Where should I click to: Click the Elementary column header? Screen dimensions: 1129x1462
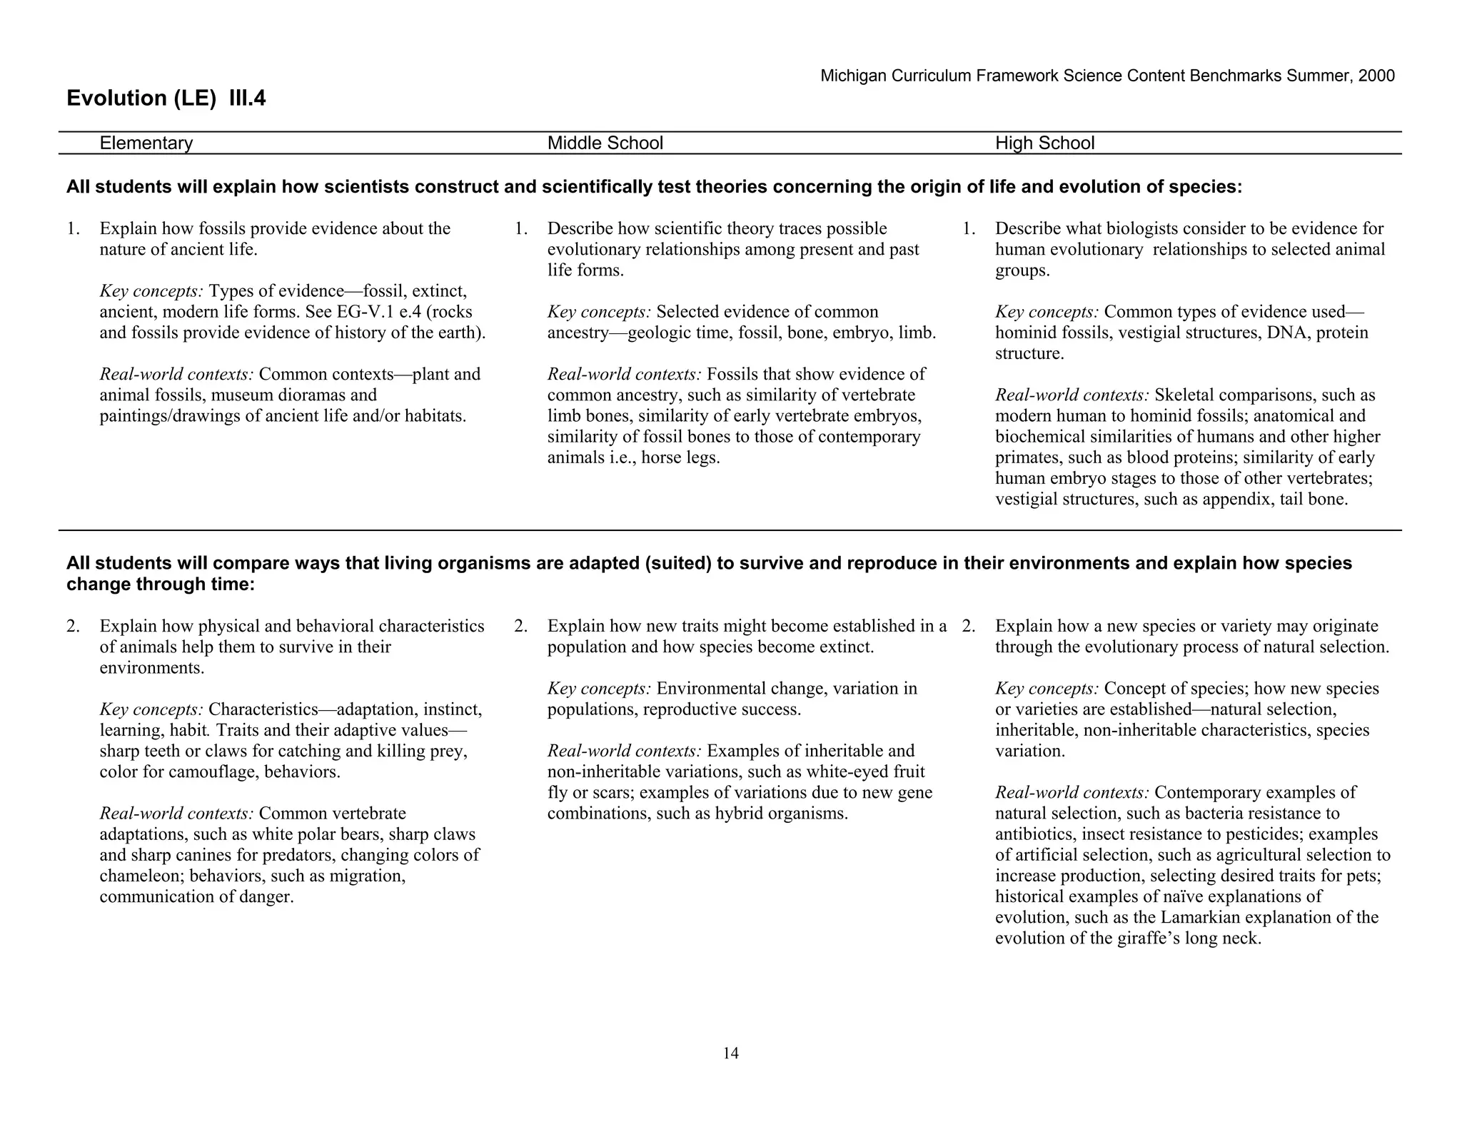click(146, 143)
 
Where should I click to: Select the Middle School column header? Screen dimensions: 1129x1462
click(605, 143)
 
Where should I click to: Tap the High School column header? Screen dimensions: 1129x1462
click(1044, 143)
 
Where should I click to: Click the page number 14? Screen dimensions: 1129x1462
click(730, 1053)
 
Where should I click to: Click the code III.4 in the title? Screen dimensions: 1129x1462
click(247, 98)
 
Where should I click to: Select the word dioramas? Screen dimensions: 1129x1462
click(311, 395)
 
